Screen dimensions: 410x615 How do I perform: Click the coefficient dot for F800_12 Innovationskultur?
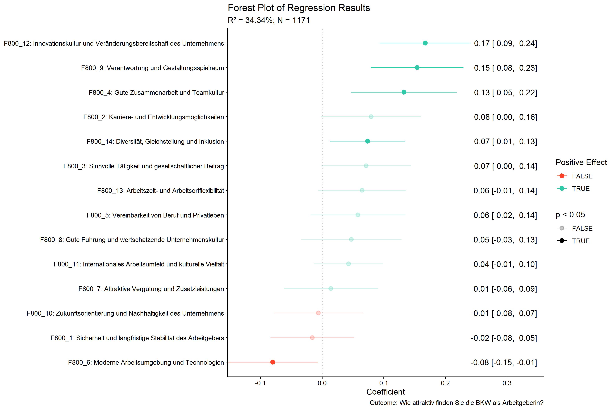point(425,43)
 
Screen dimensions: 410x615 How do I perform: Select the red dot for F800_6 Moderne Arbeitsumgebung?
point(273,362)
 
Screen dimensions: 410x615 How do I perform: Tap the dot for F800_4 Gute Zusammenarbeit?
point(404,92)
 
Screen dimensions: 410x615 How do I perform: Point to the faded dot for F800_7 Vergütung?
point(331,288)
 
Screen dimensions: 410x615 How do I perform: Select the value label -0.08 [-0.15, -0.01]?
point(504,363)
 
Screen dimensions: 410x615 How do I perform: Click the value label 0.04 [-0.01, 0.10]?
point(505,264)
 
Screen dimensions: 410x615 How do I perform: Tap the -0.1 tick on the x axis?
point(260,383)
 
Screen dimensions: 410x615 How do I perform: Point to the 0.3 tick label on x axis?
point(507,383)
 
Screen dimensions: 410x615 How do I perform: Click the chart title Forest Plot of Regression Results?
point(299,8)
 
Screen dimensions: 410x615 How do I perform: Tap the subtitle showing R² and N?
point(269,20)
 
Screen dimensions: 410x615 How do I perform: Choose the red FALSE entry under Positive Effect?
point(582,176)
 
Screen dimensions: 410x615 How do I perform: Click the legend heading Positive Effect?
point(581,162)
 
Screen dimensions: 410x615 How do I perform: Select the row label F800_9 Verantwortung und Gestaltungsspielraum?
point(152,68)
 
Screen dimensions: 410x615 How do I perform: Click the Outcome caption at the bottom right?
point(457,403)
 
